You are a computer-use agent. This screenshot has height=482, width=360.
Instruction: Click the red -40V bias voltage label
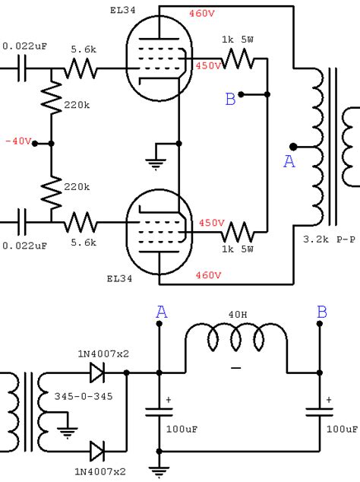pyautogui.click(x=18, y=141)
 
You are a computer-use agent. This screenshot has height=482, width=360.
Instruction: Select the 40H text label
pyautogui.click(x=238, y=315)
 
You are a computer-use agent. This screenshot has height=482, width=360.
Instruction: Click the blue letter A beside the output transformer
pyautogui.click(x=289, y=161)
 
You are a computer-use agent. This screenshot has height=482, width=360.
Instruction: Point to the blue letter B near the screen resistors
pyautogui.click(x=230, y=99)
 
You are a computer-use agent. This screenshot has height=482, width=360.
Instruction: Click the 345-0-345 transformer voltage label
pyautogui.click(x=84, y=396)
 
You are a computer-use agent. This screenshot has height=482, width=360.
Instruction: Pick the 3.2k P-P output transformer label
pyautogui.click(x=330, y=239)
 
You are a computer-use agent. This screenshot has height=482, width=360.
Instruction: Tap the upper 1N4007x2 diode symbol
pyautogui.click(x=97, y=373)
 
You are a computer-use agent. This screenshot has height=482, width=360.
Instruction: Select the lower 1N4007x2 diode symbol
pyautogui.click(x=97, y=451)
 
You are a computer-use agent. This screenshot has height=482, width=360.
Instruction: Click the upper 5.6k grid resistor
pyautogui.click(x=81, y=68)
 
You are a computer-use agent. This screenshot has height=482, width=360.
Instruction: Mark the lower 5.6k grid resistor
pyautogui.click(x=81, y=222)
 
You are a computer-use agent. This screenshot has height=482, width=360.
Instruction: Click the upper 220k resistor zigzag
pyautogui.click(x=52, y=98)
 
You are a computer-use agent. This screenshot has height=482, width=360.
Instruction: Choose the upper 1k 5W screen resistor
pyautogui.click(x=238, y=59)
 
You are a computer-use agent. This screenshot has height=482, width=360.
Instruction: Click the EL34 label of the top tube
pyautogui.click(x=122, y=10)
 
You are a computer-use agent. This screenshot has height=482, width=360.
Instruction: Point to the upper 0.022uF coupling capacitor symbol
pyautogui.click(x=22, y=68)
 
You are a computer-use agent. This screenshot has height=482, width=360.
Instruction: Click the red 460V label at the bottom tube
pyautogui.click(x=208, y=274)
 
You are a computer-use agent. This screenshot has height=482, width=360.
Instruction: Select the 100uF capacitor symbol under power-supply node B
pyautogui.click(x=320, y=412)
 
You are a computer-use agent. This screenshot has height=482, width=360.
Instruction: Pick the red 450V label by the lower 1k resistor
pyautogui.click(x=212, y=223)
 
